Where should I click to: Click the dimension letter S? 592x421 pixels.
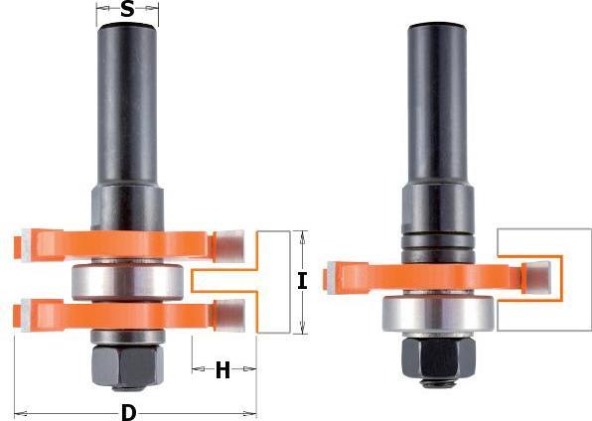point(126,11)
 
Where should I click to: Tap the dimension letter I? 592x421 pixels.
point(302,282)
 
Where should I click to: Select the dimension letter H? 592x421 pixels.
point(222,371)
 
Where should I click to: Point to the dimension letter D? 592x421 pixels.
point(128,411)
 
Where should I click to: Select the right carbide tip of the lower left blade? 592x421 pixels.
point(229,316)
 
